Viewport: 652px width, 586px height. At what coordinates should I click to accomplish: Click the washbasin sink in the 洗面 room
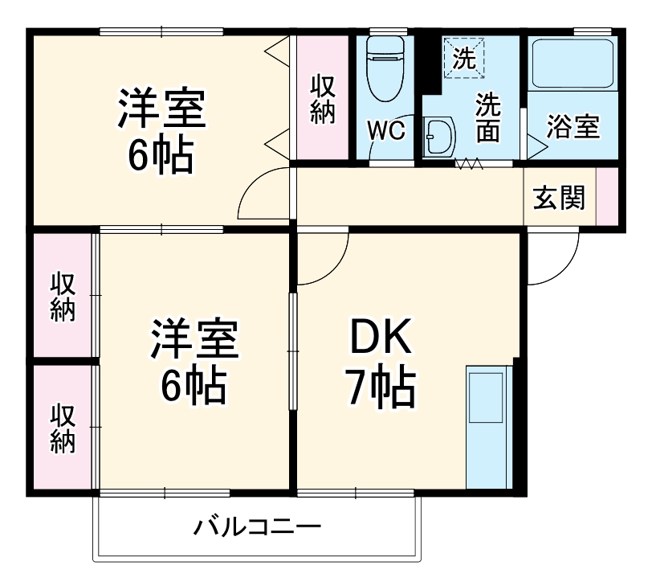coord(438,137)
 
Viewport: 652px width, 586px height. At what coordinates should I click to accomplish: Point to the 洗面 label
coord(487,117)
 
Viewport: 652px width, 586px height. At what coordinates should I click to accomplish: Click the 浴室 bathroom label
coord(573,127)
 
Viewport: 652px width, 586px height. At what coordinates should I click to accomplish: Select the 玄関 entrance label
coord(560,197)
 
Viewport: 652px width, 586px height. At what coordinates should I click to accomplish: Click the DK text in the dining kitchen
coord(381,341)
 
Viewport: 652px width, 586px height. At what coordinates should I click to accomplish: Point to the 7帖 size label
coord(381,389)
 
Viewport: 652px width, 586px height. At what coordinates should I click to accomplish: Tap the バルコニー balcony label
coord(257,528)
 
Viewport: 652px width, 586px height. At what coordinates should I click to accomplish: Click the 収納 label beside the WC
coord(323,99)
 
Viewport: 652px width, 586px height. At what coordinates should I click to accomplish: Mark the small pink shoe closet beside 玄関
coord(607,197)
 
